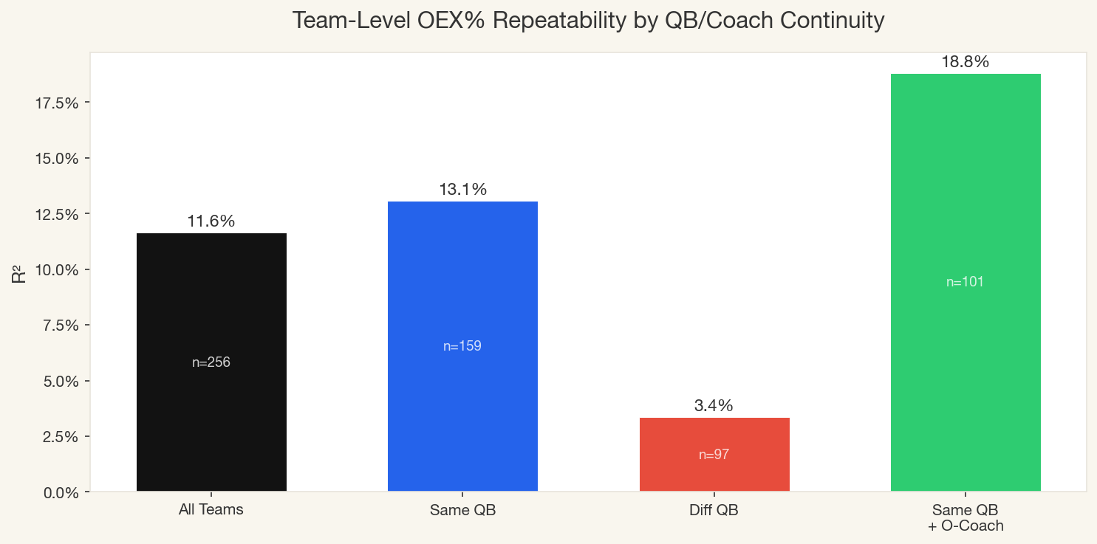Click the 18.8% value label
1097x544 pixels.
(x=966, y=63)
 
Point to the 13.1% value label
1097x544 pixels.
(x=462, y=190)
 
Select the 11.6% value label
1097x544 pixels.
(x=211, y=221)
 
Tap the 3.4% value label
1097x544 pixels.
(x=714, y=406)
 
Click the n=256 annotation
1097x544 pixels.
(x=211, y=362)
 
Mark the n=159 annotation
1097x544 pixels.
(x=462, y=346)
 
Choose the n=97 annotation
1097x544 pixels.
(x=714, y=455)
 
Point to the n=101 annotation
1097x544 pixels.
(x=966, y=282)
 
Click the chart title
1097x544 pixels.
(x=588, y=21)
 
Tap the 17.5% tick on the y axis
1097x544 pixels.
(x=57, y=103)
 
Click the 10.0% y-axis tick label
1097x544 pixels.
(x=57, y=270)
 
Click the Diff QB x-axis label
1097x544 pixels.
(x=714, y=510)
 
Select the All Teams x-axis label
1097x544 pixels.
(x=211, y=510)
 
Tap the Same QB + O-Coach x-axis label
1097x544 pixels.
(x=966, y=517)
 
